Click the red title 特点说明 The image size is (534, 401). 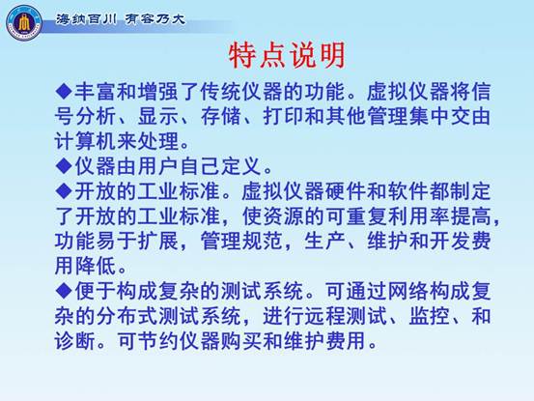[x=287, y=55]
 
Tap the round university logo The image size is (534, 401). [x=24, y=23]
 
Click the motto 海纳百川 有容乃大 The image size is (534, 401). [x=120, y=19]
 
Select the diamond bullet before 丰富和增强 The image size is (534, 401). [x=64, y=91]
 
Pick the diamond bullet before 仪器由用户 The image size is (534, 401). [x=64, y=165]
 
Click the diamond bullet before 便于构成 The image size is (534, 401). [x=64, y=291]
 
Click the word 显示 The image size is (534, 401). [x=158, y=116]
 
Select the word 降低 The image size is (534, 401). [x=96, y=266]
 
